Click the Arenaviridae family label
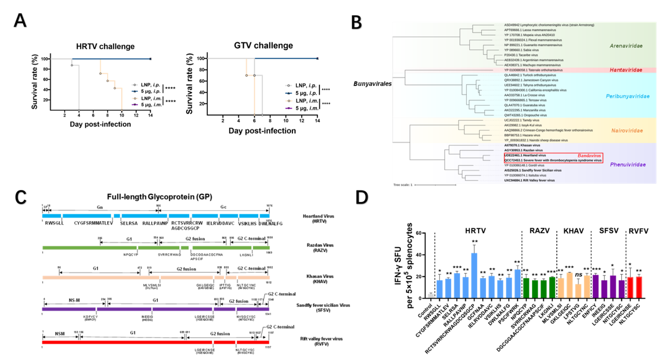(x=626, y=46)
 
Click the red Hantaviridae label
(x=626, y=70)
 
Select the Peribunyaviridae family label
(x=627, y=96)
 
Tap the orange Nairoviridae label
(x=627, y=131)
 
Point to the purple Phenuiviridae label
(x=628, y=165)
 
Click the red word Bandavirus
(x=589, y=156)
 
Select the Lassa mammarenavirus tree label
(x=530, y=30)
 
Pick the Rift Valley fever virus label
(x=529, y=180)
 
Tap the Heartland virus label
(x=525, y=155)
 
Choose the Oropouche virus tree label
(x=525, y=115)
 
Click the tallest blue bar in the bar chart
(x=474, y=275)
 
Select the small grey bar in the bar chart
(x=431, y=296)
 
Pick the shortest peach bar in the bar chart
(x=578, y=291)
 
